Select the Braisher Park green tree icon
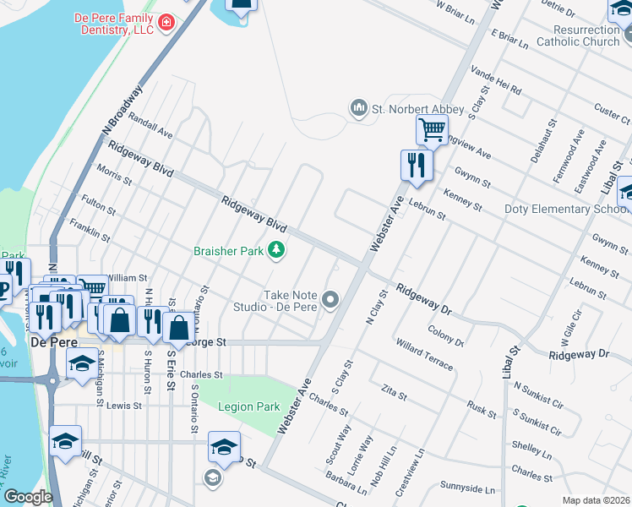(275, 249)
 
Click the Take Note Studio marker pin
(330, 300)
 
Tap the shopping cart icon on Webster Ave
(432, 130)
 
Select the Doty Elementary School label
(566, 209)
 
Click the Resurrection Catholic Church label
(578, 35)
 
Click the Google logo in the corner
(28, 497)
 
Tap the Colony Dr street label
(447, 336)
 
